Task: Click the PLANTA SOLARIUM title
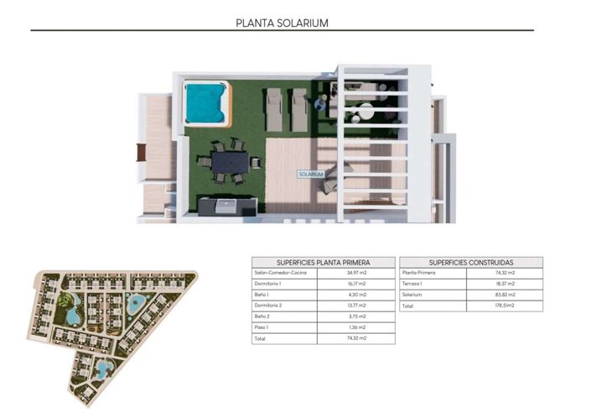pyautogui.click(x=282, y=23)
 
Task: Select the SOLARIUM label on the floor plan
pyautogui.click(x=311, y=174)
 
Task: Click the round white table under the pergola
pyautogui.click(x=368, y=110)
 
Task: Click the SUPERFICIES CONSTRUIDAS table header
pyautogui.click(x=471, y=262)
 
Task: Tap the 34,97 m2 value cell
pyautogui.click(x=357, y=273)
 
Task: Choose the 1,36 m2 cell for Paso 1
pyautogui.click(x=357, y=327)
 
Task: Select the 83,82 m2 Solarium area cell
pyautogui.click(x=505, y=295)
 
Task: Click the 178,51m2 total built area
pyautogui.click(x=505, y=306)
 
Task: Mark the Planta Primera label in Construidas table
pyautogui.click(x=420, y=273)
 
